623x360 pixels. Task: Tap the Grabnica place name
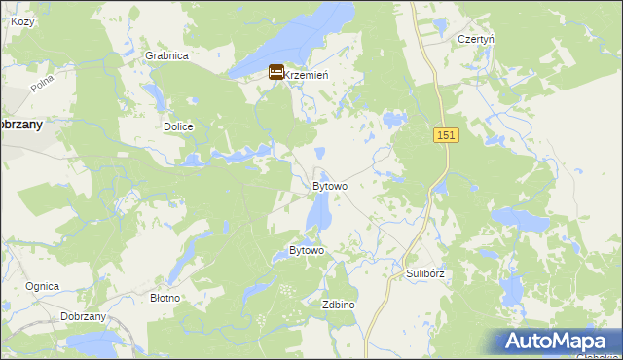pos(165,55)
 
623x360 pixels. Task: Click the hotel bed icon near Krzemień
pos(276,73)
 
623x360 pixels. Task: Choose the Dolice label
pos(178,126)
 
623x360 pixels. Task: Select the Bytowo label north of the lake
pos(330,186)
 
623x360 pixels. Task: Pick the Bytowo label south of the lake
pos(307,251)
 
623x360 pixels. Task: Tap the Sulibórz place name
pos(425,273)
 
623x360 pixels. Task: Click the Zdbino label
pos(338,305)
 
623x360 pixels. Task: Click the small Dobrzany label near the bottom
pos(83,317)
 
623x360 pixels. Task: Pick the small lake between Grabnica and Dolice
pos(154,95)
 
